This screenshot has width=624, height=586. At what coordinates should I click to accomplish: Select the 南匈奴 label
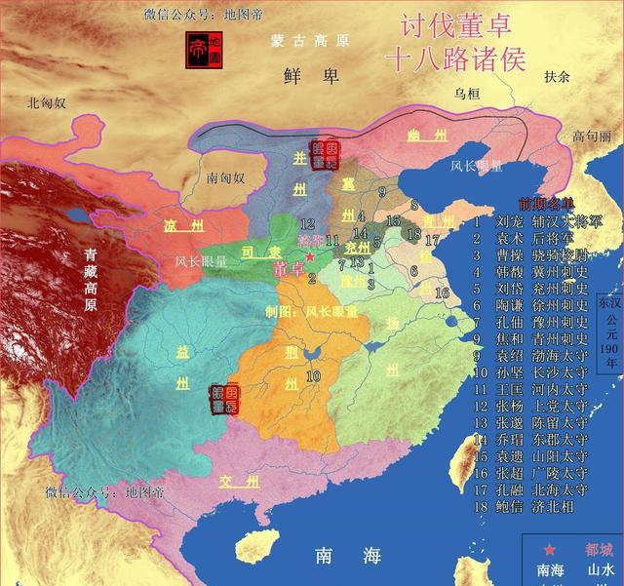225,177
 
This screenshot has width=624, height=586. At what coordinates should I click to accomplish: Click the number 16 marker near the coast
441,292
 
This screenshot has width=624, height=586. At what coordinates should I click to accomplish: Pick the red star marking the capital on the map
310,255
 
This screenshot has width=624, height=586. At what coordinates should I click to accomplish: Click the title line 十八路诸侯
456,59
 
